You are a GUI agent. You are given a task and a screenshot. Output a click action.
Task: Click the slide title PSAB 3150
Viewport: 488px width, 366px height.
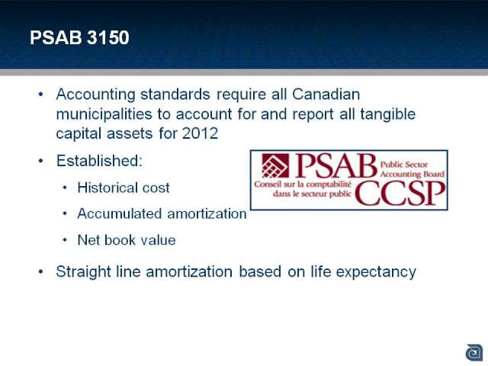[x=79, y=37]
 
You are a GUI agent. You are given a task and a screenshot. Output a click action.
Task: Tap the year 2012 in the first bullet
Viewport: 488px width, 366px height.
[x=200, y=133]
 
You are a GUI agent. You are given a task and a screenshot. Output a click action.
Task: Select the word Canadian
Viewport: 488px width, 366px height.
[x=326, y=94]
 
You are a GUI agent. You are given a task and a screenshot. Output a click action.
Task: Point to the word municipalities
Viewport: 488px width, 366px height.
[x=104, y=114]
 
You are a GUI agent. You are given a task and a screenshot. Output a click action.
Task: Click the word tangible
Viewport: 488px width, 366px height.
[x=388, y=114]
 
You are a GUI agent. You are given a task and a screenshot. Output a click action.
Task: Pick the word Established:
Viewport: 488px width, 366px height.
[x=99, y=161]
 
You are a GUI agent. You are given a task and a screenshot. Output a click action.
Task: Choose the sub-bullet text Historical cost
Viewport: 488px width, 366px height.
[x=124, y=188]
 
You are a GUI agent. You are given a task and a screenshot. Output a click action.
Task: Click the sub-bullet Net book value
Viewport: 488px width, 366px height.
[x=127, y=240]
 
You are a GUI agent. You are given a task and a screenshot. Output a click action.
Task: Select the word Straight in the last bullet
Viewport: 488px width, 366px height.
[x=83, y=272]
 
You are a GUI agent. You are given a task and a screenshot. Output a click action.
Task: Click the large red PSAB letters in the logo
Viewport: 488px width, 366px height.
[x=335, y=165]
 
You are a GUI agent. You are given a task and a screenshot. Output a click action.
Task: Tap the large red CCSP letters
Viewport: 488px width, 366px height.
[x=400, y=193]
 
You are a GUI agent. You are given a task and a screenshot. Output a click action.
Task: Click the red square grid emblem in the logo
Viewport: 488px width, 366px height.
[x=275, y=165]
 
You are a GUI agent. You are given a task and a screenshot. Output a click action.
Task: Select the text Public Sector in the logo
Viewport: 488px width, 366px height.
[x=404, y=165]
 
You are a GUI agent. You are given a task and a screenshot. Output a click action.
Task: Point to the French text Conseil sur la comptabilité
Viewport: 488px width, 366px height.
[x=303, y=185]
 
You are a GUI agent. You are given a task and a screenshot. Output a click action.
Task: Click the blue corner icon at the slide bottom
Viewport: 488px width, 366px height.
[x=474, y=352]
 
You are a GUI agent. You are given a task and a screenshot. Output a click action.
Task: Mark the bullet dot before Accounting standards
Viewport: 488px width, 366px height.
[x=40, y=95]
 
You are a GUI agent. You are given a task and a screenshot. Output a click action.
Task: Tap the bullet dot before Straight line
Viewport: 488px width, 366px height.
[x=40, y=272]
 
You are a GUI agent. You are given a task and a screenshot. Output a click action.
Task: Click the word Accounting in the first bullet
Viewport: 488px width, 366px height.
[x=96, y=95]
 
